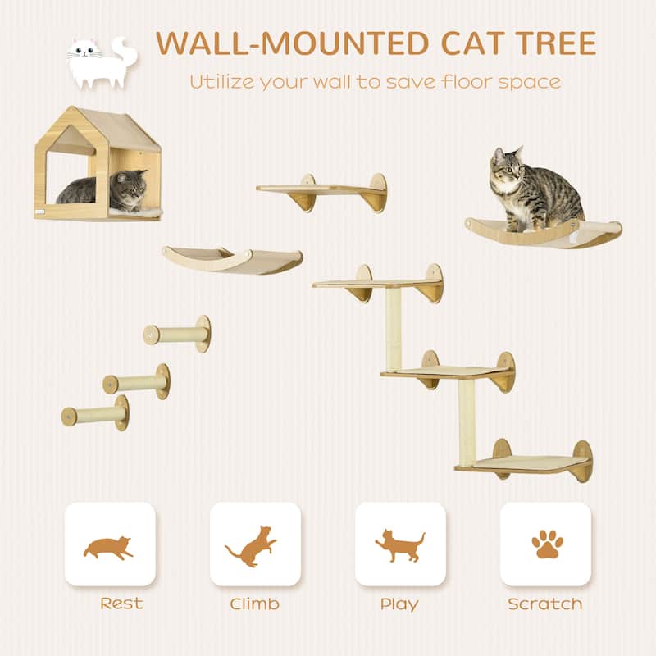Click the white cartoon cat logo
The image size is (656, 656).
pyautogui.click(x=97, y=61)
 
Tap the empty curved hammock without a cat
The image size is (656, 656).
pyautogui.click(x=232, y=258)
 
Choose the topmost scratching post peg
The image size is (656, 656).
pyautogui.click(x=177, y=334)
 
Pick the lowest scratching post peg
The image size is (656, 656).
pyautogui.click(x=95, y=414)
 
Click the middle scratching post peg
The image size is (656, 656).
pyautogui.click(x=136, y=382)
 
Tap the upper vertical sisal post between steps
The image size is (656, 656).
pyautogui.click(x=394, y=328)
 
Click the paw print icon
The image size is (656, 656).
pyautogui.click(x=545, y=544)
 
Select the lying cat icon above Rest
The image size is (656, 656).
pyautogui.click(x=109, y=546)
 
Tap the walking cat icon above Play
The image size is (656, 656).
pyautogui.click(x=400, y=544)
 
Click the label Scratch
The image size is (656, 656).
pyautogui.click(x=545, y=604)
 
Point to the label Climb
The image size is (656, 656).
pyautogui.click(x=254, y=604)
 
